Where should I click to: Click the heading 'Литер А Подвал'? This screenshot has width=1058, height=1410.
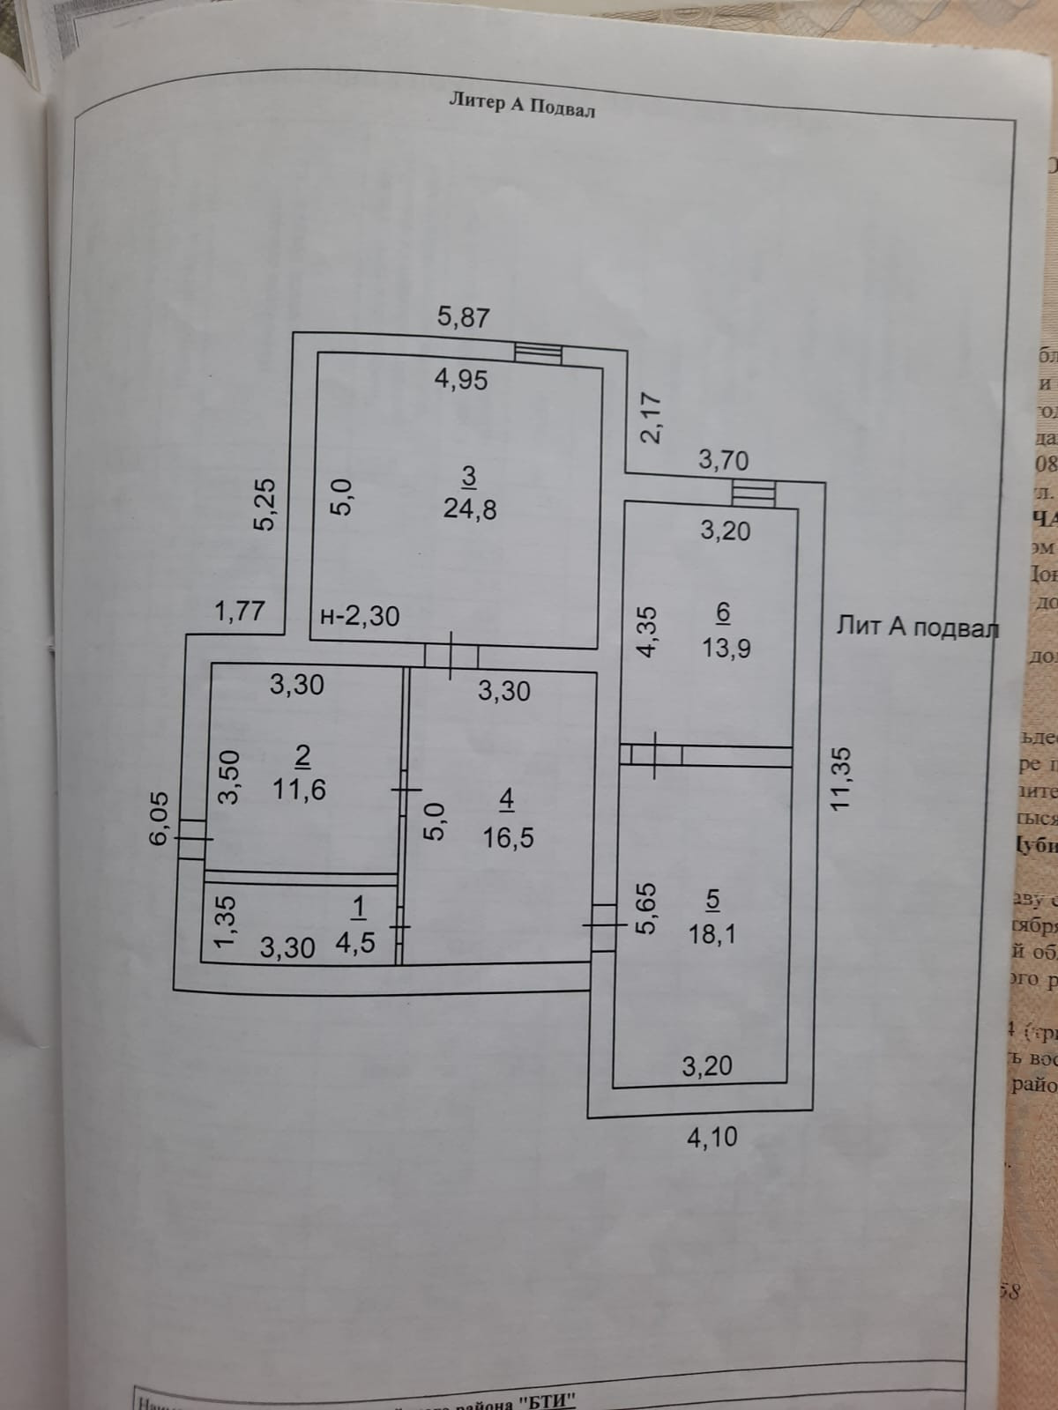tap(522, 105)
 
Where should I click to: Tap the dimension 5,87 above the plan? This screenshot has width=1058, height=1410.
tap(463, 316)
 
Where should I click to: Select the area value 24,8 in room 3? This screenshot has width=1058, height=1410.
tap(470, 509)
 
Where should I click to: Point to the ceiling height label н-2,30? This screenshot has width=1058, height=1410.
tap(359, 615)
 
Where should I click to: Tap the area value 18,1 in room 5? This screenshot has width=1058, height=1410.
tap(712, 932)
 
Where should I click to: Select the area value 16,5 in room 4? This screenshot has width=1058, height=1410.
tap(508, 836)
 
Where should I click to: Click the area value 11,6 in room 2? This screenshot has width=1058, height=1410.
tap(299, 789)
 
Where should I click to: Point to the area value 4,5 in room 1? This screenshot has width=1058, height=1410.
tap(355, 942)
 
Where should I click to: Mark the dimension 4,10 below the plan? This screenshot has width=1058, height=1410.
tap(712, 1137)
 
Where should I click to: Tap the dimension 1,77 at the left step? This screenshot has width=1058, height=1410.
tap(240, 610)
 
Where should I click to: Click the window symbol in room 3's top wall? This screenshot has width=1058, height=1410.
tap(538, 352)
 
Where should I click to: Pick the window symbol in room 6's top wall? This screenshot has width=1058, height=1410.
tap(754, 493)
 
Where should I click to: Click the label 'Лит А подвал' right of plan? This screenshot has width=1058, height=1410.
tap(917, 627)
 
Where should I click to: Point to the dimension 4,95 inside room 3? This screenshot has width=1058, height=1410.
tap(461, 380)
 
